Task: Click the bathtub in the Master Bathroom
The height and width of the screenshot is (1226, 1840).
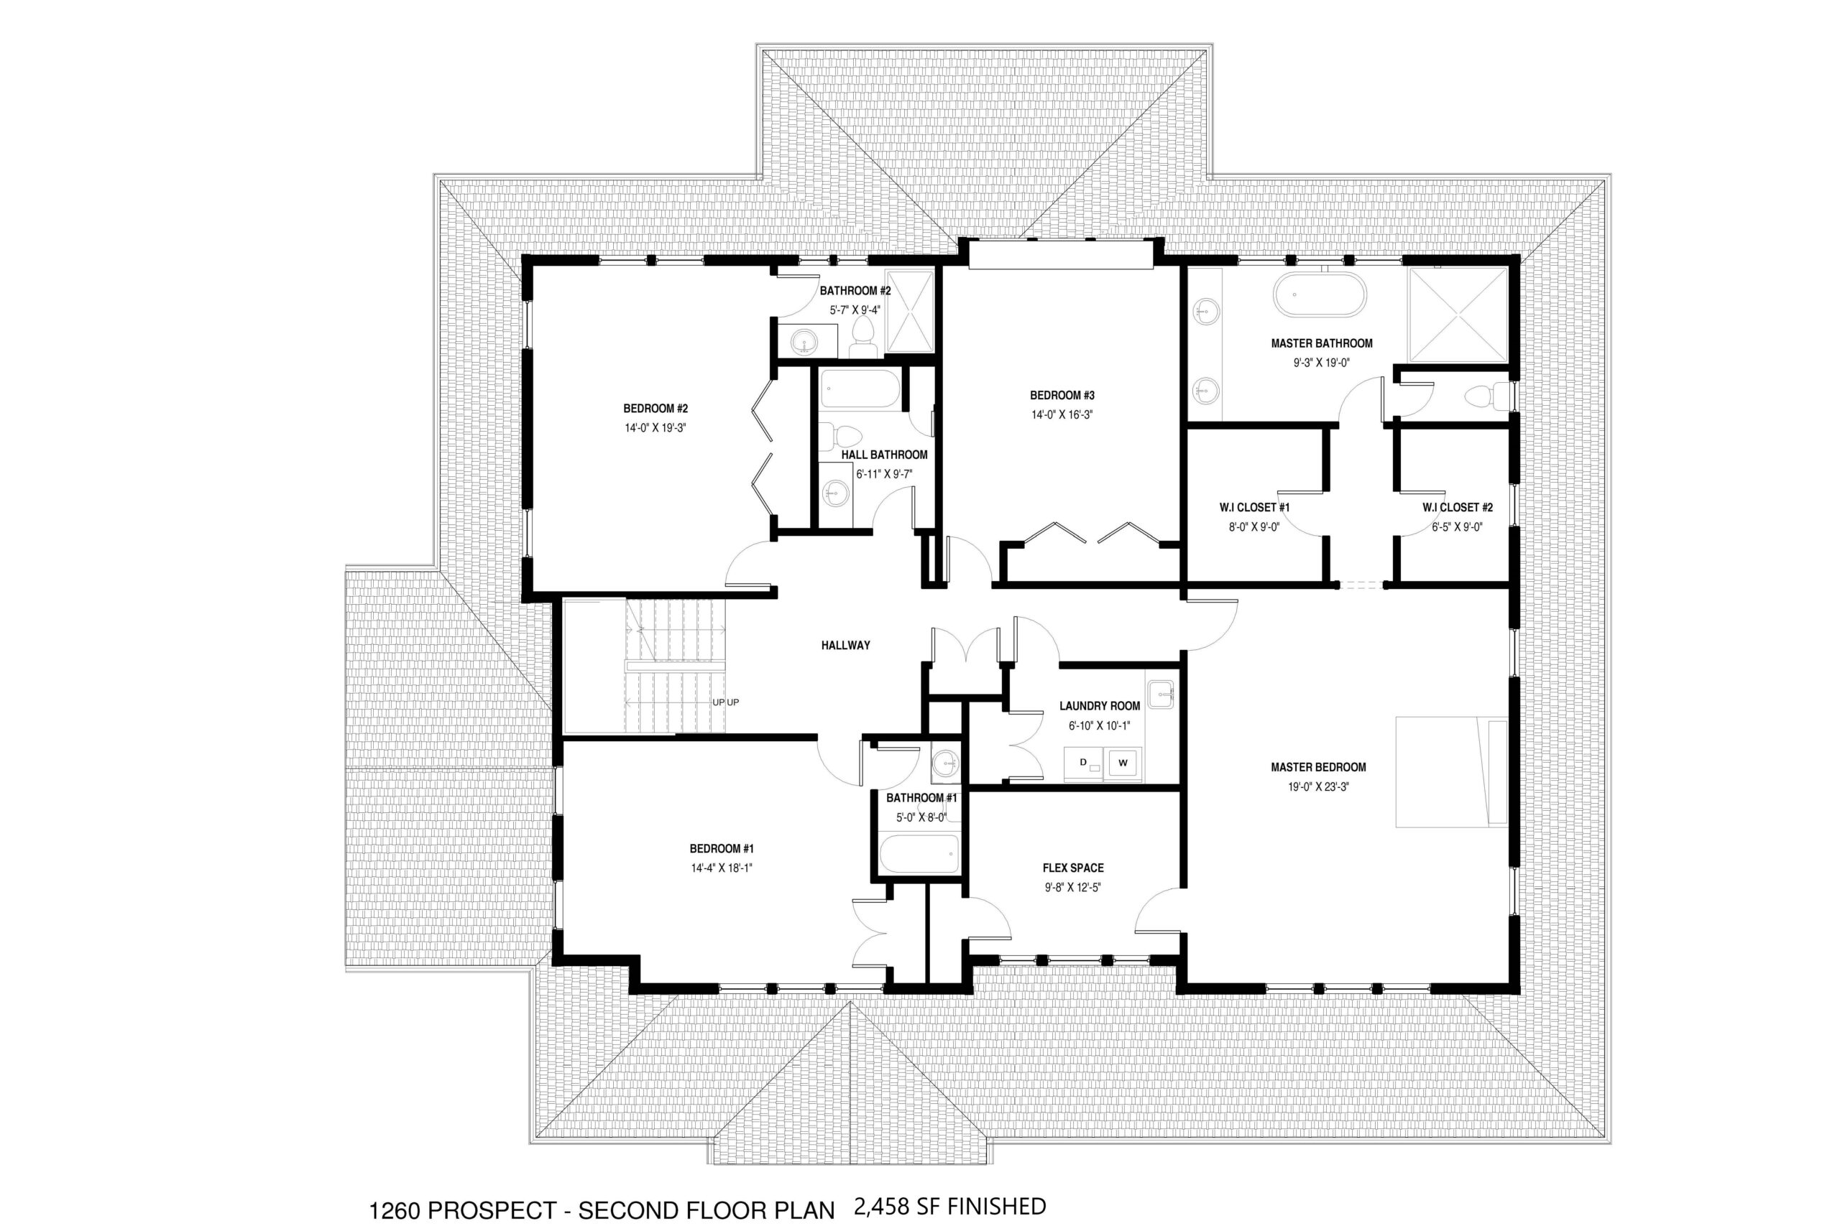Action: coord(1320,294)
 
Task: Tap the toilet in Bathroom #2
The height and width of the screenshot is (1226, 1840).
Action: coord(865,337)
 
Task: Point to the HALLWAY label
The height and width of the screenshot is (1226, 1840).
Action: coord(846,645)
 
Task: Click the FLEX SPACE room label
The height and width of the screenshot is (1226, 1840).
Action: coord(1073,868)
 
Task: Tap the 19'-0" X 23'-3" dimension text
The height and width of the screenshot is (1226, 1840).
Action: coord(1318,787)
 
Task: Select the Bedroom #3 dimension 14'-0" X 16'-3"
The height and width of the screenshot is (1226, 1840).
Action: coord(1062,415)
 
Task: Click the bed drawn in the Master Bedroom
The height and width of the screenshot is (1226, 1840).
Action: coord(1452,771)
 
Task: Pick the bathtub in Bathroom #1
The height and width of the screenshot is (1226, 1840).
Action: coord(919,854)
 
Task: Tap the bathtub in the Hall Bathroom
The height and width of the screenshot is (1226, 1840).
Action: coord(860,389)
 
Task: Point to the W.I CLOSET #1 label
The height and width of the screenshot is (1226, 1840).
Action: coord(1254,508)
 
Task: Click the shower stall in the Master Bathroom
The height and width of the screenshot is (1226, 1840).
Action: coord(1458,315)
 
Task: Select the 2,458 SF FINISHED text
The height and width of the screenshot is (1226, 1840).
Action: coord(950,1207)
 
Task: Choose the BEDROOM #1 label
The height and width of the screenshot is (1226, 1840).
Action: coord(722,848)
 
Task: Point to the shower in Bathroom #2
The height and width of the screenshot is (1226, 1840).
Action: coord(909,310)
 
